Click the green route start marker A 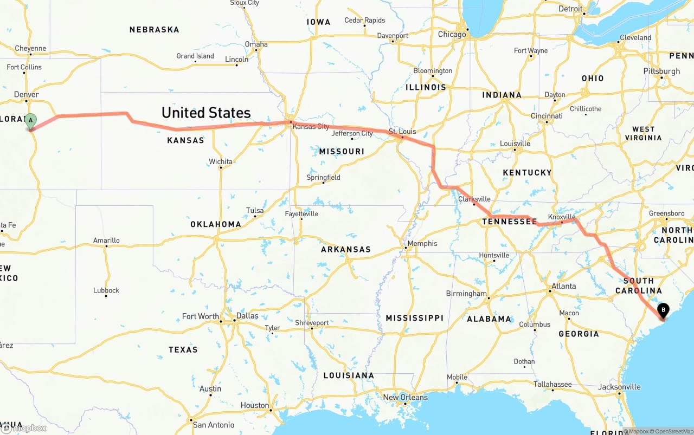click(x=31, y=120)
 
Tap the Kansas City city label click(x=311, y=127)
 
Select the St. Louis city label click(x=402, y=132)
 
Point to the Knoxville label click(x=561, y=217)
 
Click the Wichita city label click(x=221, y=161)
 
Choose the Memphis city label click(x=422, y=244)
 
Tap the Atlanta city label click(x=564, y=286)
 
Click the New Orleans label click(x=405, y=398)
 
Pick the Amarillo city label click(x=106, y=241)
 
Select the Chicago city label click(x=452, y=34)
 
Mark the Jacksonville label click(x=619, y=387)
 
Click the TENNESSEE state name click(x=510, y=222)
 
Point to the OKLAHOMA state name click(x=215, y=224)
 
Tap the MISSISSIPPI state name click(x=415, y=318)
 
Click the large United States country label click(x=206, y=113)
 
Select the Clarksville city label click(x=474, y=199)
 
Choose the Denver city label click(x=27, y=95)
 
